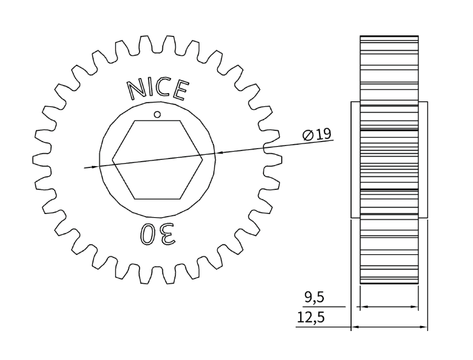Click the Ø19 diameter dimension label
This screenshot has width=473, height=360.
pyautogui.click(x=317, y=134)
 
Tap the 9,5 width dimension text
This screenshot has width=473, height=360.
pyautogui.click(x=314, y=298)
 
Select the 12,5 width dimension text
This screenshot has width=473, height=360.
pyautogui.click(x=311, y=317)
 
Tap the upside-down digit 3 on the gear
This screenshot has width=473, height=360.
pyautogui.click(x=167, y=233)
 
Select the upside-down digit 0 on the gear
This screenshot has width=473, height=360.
pyautogui.click(x=148, y=233)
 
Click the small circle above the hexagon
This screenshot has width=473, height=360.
pyautogui.click(x=157, y=114)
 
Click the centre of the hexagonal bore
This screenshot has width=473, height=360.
pyautogui.click(x=157, y=160)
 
